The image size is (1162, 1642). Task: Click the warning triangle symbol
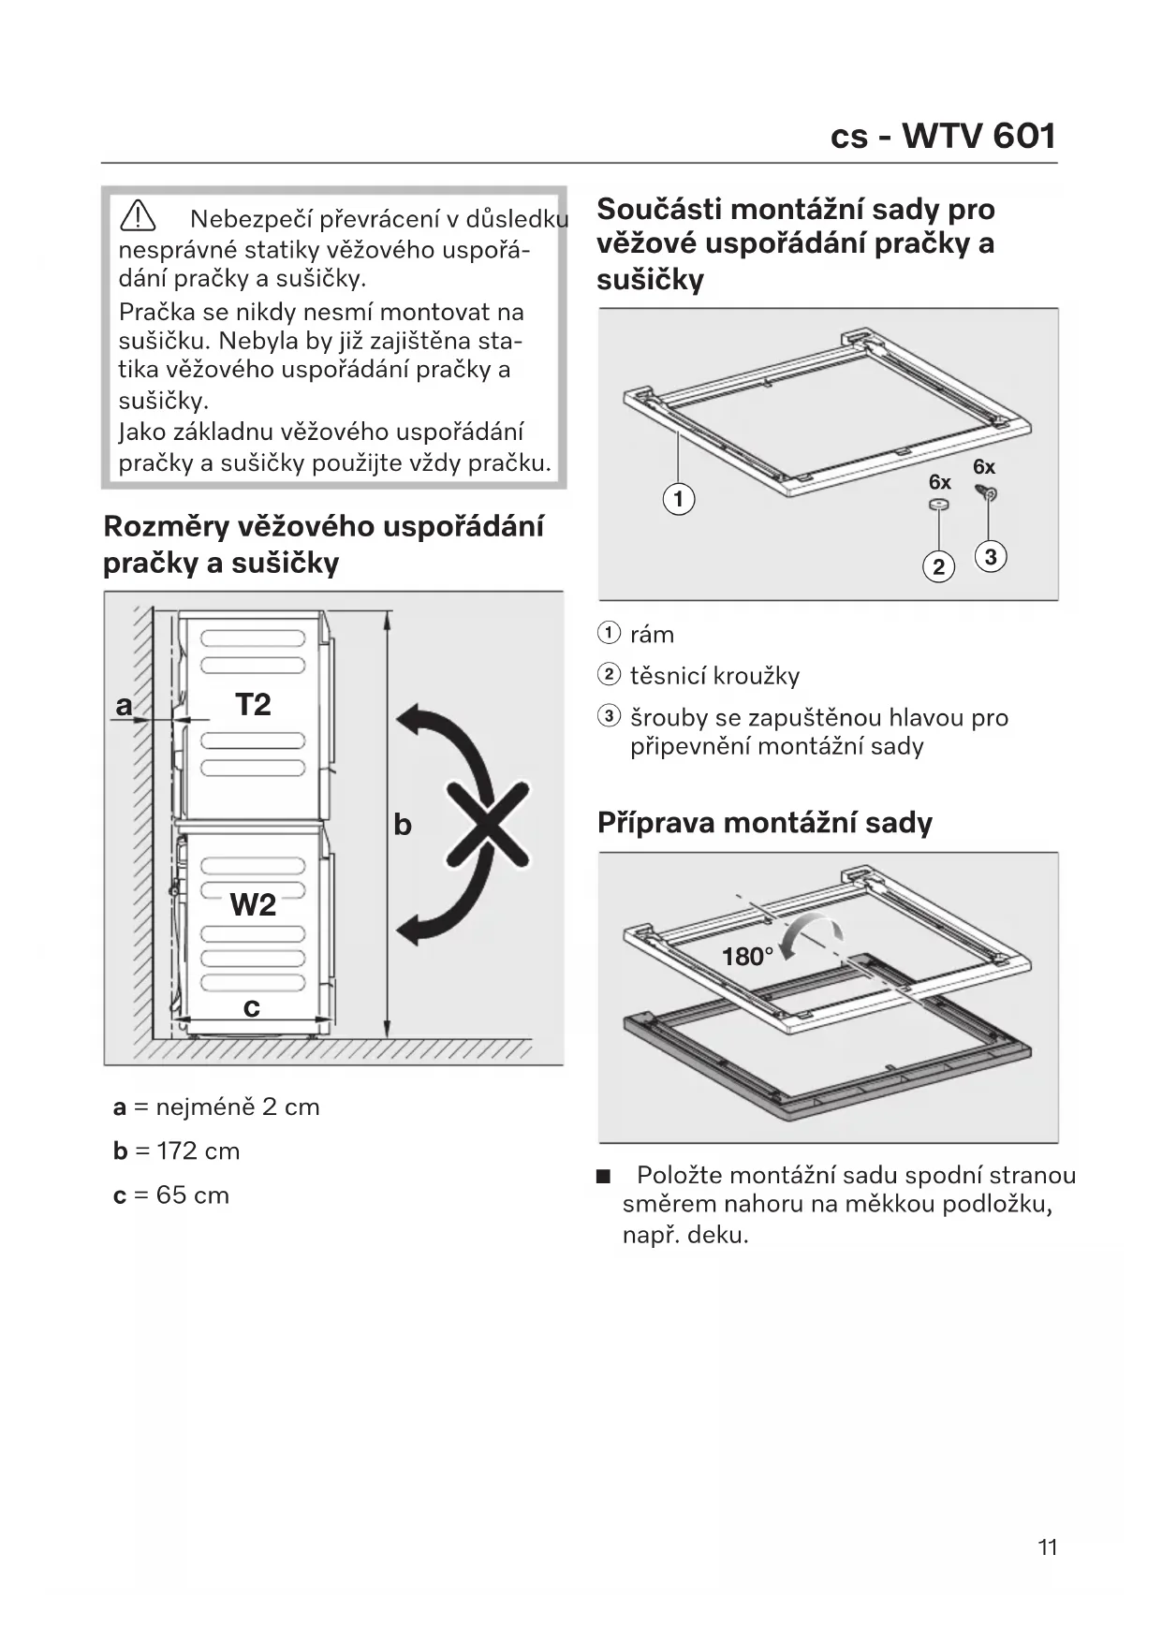(x=138, y=216)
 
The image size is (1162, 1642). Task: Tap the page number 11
(x=1047, y=1547)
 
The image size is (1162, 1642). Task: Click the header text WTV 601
(x=978, y=137)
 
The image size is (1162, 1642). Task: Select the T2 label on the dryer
(x=253, y=704)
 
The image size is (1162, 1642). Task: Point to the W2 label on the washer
(x=253, y=904)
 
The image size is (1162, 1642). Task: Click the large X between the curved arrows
(x=487, y=824)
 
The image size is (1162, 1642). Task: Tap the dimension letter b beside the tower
(x=403, y=825)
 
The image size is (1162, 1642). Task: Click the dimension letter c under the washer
(x=251, y=1007)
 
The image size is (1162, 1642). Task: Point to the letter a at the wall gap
(x=124, y=705)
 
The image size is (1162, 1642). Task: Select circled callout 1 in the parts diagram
(x=679, y=498)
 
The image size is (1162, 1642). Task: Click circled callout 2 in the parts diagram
(x=938, y=566)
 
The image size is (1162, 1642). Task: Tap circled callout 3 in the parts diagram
(x=991, y=557)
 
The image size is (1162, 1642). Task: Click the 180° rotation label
(x=747, y=957)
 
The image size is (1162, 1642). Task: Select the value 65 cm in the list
(x=193, y=1195)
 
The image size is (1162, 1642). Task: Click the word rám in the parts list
(x=652, y=635)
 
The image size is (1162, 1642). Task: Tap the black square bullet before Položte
(x=603, y=1176)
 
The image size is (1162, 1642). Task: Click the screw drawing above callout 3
(x=986, y=492)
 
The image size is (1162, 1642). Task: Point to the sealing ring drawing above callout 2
(x=938, y=506)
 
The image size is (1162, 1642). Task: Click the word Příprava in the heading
(x=656, y=823)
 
